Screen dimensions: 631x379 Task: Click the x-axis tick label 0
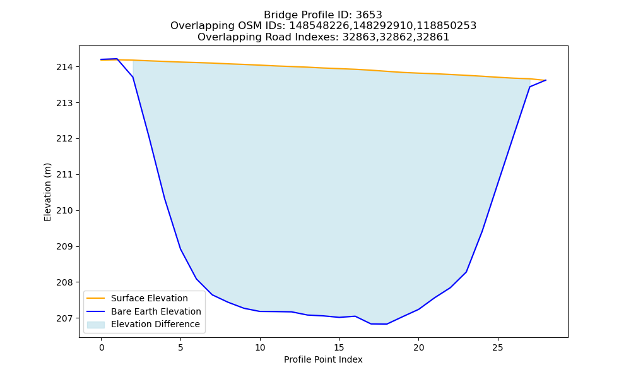coord(102,347)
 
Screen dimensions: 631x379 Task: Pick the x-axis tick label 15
coord(339,347)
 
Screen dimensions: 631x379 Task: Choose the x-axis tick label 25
coord(498,347)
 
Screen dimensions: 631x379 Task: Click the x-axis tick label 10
coord(260,347)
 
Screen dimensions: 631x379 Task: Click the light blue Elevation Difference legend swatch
coord(96,325)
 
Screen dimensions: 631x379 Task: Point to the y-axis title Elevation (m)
coord(47,192)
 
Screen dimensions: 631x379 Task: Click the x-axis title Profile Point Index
coord(323,359)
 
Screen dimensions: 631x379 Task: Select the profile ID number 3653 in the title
coord(369,15)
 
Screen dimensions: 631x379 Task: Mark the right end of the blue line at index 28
coord(546,80)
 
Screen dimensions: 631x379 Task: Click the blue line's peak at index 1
coord(117,59)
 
